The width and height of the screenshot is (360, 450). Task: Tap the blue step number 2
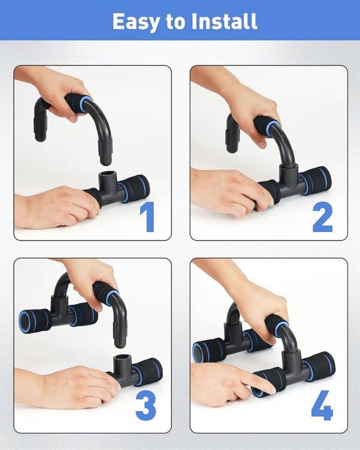(322, 217)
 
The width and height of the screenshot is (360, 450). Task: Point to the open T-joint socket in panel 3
(123, 361)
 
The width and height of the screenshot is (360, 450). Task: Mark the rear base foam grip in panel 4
(208, 350)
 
